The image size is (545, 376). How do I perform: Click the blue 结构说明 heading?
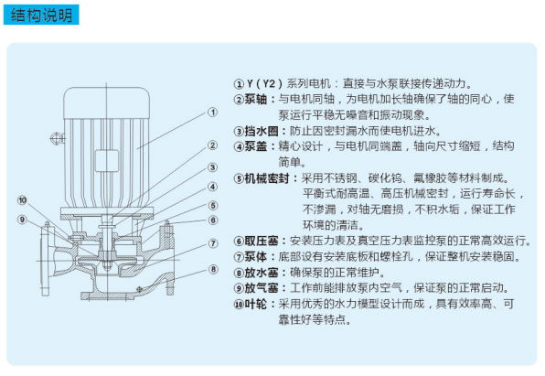[41, 15]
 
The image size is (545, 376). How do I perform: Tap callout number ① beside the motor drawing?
[212, 113]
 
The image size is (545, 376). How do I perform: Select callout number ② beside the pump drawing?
[212, 145]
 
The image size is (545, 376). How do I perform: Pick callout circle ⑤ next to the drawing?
[213, 206]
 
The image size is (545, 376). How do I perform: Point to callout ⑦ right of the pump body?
[213, 243]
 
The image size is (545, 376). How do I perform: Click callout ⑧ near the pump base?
[213, 270]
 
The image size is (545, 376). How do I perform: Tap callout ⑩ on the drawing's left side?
[22, 200]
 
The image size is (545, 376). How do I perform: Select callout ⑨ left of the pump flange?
[22, 220]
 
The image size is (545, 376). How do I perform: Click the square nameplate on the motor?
[107, 161]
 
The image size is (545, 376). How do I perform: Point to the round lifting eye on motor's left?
[56, 139]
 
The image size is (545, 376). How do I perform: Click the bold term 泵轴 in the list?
[255, 99]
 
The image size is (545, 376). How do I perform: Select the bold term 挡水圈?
[262, 131]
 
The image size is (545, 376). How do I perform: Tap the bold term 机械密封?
[267, 178]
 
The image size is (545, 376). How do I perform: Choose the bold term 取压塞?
[262, 241]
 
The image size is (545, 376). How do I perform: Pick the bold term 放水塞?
[262, 273]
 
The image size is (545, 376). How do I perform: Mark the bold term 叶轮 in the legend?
[255, 304]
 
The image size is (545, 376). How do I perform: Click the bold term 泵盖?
[255, 146]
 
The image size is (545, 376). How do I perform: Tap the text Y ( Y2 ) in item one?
[264, 84]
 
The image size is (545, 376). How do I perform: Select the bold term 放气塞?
[262, 288]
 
